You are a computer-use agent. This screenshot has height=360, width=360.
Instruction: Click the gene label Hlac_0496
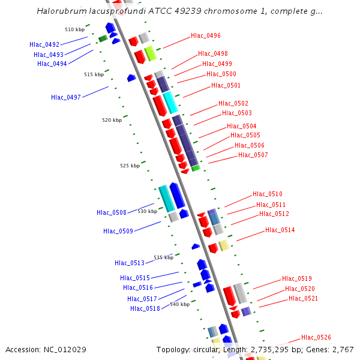(206, 35)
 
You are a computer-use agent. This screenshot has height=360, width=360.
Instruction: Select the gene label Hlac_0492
(44, 44)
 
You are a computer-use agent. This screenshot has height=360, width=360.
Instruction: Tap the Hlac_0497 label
(66, 97)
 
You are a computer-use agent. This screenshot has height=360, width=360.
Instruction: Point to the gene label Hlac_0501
(226, 85)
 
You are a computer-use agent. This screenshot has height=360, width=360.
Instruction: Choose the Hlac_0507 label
(253, 155)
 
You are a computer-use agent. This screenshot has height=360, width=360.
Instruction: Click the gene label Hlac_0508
(112, 212)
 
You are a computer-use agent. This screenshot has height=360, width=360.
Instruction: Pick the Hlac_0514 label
(280, 230)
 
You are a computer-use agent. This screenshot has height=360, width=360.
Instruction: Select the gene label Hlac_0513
(130, 263)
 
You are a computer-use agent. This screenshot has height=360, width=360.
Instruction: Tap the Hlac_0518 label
(145, 308)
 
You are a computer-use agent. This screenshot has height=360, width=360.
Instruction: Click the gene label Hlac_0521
(303, 298)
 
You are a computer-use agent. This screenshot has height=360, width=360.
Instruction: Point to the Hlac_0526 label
(316, 337)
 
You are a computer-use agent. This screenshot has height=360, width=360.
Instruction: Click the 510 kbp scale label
(74, 29)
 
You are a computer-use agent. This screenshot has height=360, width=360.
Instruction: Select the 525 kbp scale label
(130, 166)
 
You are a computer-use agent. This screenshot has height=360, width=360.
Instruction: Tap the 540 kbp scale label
(179, 304)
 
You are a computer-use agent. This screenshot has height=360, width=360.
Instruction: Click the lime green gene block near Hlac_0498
(150, 53)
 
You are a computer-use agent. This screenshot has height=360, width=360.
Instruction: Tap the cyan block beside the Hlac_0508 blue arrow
(166, 198)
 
